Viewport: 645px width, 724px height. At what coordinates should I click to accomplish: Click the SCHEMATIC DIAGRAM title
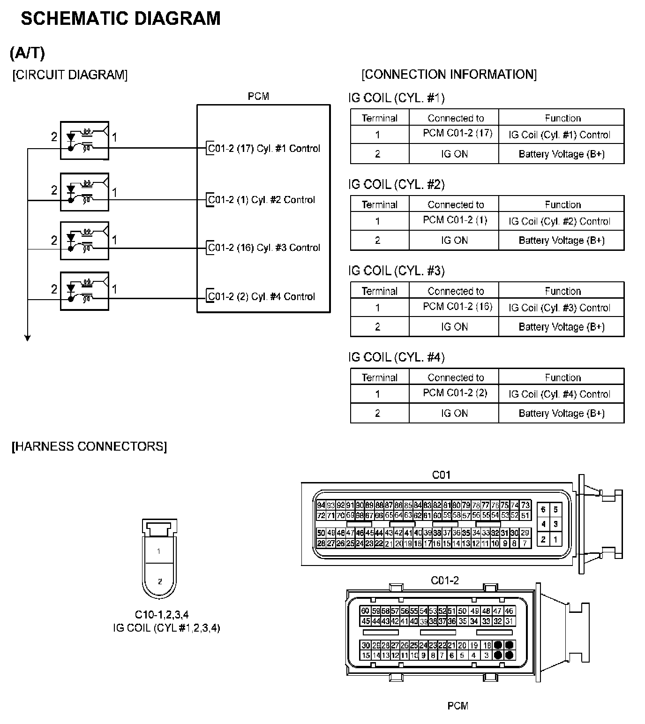click(120, 19)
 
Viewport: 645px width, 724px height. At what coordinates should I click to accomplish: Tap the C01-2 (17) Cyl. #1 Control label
click(264, 149)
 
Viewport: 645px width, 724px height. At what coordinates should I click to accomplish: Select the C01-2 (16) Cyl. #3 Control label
click(264, 248)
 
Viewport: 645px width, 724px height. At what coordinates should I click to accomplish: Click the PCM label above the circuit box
click(258, 97)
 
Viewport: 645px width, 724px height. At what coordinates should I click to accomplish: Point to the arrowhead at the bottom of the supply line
click(28, 338)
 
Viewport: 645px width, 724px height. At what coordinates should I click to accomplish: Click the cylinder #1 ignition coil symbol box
click(85, 140)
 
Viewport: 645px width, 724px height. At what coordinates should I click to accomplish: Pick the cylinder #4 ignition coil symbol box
click(85, 291)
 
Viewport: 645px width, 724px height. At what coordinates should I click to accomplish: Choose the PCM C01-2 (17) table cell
click(457, 133)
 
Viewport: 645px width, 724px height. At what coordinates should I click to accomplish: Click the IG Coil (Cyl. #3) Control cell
click(559, 308)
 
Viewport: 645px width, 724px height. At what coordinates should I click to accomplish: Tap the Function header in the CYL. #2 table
click(562, 204)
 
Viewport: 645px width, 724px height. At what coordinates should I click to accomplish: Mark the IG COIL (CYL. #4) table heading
click(397, 357)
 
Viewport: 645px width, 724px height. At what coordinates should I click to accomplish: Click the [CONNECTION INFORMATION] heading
click(449, 75)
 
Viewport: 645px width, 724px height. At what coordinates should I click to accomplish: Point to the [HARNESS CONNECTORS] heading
click(89, 446)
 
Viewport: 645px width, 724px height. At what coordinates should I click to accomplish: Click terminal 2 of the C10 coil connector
click(160, 581)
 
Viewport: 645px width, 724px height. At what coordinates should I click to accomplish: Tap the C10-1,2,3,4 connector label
click(162, 614)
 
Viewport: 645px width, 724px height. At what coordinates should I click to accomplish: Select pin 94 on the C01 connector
click(321, 505)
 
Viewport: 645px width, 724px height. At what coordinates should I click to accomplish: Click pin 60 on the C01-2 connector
click(365, 611)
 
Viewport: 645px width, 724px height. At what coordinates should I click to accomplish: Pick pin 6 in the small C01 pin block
click(543, 510)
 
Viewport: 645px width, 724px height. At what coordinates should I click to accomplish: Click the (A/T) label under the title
click(27, 53)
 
